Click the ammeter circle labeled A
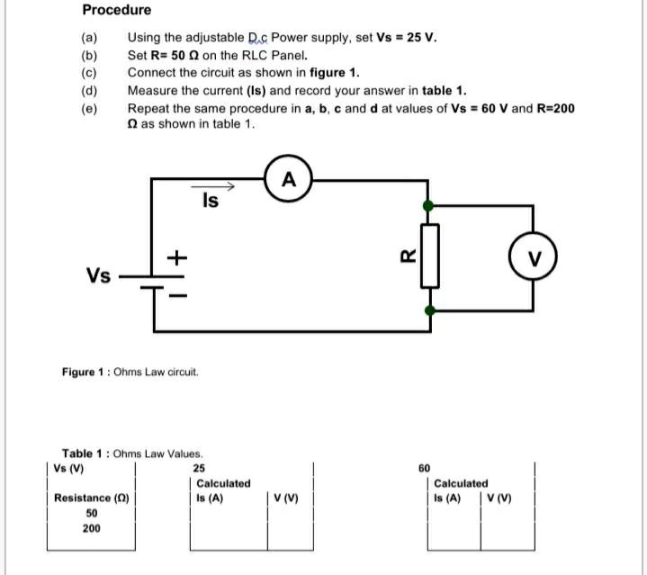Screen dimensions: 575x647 288,180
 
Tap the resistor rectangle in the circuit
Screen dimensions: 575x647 430,256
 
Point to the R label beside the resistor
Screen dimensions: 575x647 406,256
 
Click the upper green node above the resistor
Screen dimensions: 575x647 430,206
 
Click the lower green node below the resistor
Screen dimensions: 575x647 430,310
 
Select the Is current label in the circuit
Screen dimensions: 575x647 210,202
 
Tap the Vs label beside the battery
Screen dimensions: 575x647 99,274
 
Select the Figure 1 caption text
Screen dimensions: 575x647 130,372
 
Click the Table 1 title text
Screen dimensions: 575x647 132,454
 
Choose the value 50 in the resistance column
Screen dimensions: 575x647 92,513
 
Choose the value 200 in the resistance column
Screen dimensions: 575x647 92,528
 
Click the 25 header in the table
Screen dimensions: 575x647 199,468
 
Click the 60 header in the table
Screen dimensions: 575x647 425,468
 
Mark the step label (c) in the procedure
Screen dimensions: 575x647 88,73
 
